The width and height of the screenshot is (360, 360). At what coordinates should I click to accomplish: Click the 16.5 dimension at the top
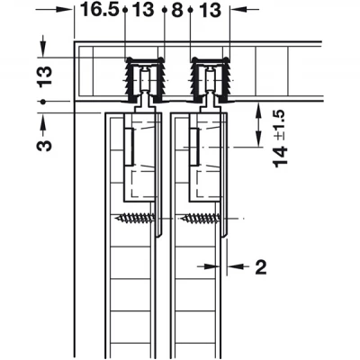[100, 10]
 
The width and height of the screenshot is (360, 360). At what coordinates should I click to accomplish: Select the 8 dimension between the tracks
[177, 10]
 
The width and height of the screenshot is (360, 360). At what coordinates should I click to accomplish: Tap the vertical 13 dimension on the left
[44, 76]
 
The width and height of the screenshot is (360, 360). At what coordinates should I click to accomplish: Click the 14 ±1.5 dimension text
[281, 139]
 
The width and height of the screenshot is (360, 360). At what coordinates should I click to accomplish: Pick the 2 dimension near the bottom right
[260, 267]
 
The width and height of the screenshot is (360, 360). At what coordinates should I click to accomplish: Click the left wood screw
[135, 218]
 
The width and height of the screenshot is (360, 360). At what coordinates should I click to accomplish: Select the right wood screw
[200, 218]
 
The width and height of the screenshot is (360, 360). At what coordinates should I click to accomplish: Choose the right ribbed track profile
[211, 80]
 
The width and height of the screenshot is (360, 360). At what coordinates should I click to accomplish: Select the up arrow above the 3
[44, 121]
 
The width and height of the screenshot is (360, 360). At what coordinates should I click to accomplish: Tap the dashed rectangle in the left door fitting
[143, 184]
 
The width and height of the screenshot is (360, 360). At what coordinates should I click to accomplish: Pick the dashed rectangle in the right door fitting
[208, 184]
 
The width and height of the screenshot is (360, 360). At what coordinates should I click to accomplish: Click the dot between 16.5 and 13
[125, 10]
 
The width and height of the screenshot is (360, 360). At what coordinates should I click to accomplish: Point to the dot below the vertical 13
[44, 102]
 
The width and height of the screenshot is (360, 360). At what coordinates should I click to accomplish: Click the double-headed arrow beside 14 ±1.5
[257, 125]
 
